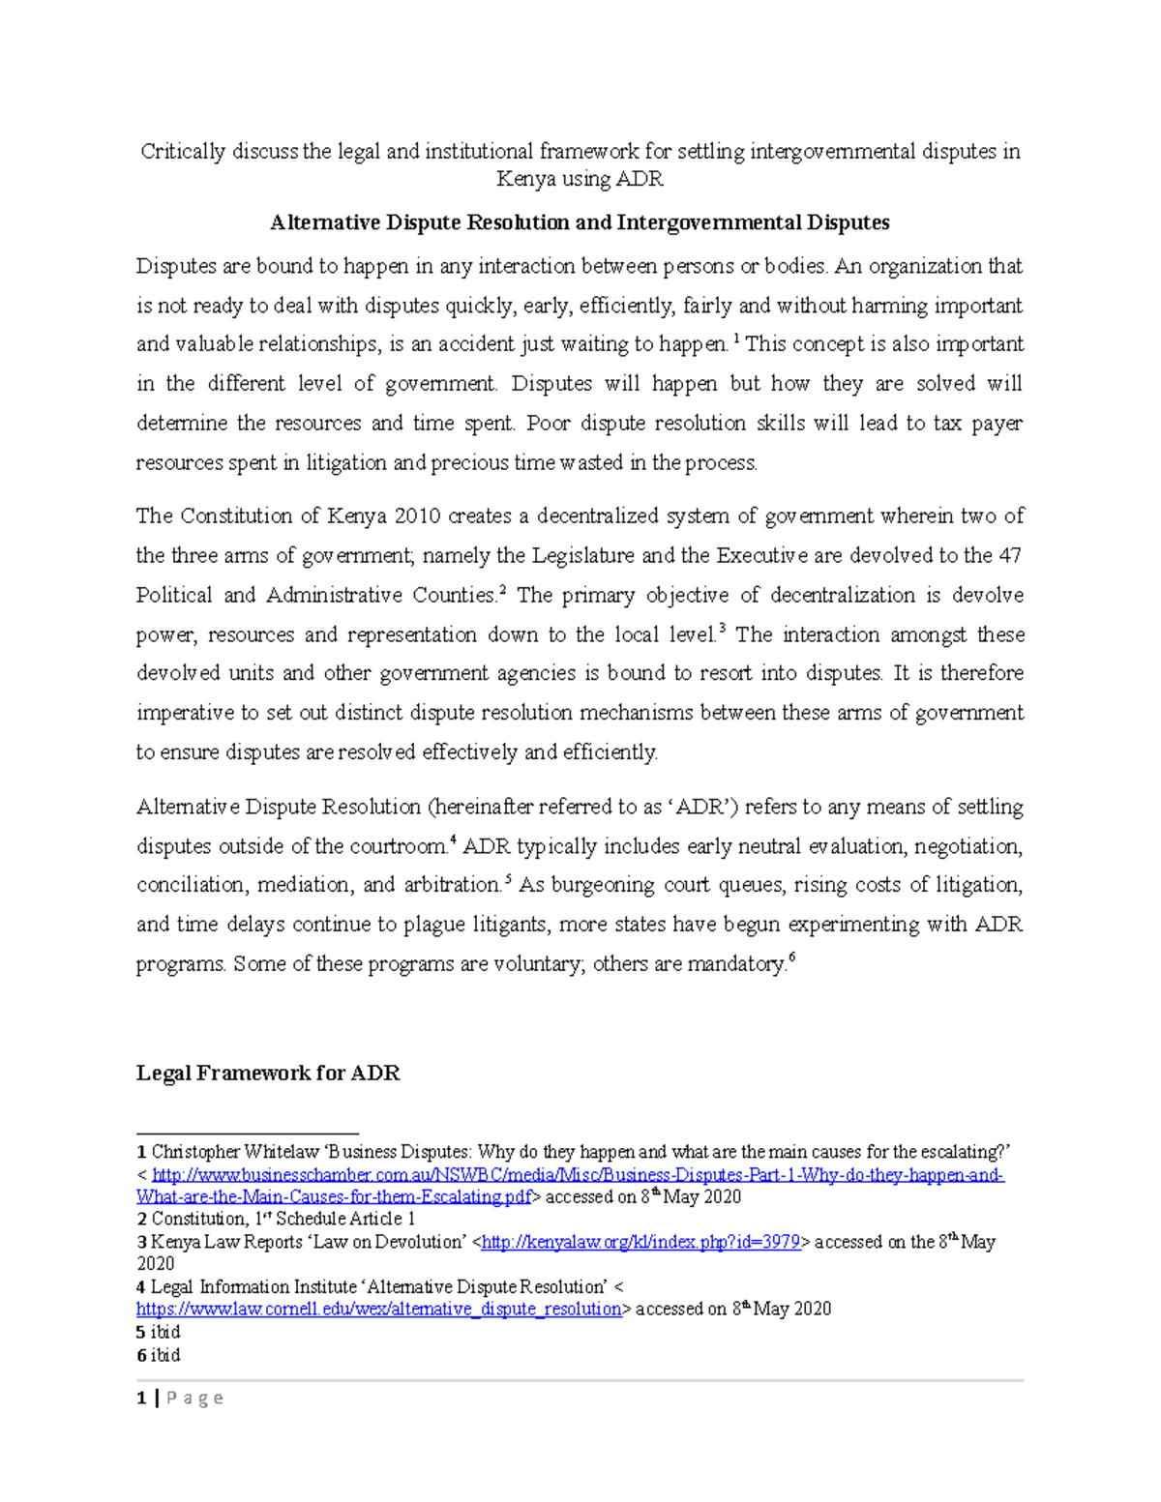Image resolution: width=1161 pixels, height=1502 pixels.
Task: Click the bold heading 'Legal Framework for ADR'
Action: (x=267, y=1073)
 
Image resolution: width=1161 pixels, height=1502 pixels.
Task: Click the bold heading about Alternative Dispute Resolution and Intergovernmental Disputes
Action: (x=580, y=222)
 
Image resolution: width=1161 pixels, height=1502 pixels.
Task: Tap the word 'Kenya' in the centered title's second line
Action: (x=527, y=179)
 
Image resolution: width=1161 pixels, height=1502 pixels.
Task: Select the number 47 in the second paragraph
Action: (x=1010, y=555)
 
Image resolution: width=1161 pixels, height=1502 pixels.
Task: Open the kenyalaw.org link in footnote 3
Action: (x=640, y=1242)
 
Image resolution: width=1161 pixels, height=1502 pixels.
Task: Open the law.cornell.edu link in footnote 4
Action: (x=378, y=1309)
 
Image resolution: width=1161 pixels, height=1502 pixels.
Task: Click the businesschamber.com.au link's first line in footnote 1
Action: (x=578, y=1175)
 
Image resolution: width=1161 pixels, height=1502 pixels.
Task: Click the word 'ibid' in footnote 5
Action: (x=165, y=1332)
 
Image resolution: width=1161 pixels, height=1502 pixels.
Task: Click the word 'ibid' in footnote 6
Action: (x=165, y=1355)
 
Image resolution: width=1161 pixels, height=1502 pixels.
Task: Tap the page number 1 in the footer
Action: (x=141, y=1398)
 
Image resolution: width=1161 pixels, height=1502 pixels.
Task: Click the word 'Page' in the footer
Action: (x=194, y=1398)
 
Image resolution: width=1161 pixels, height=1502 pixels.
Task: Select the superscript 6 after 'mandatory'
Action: (x=791, y=957)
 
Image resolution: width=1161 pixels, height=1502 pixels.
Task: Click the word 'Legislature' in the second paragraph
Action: (x=580, y=555)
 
